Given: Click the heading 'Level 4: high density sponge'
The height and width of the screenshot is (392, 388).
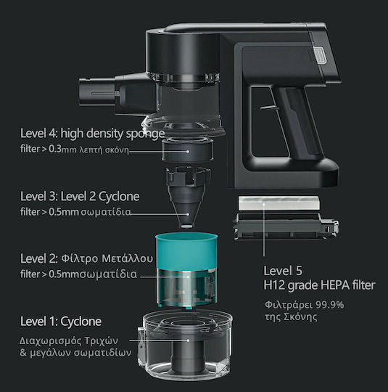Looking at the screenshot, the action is pyautogui.click(x=92, y=134).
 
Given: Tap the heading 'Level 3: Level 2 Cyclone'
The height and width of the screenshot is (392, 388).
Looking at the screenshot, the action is pyautogui.click(x=80, y=196).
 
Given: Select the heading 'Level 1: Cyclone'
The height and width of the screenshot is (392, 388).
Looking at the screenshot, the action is pyautogui.click(x=61, y=322).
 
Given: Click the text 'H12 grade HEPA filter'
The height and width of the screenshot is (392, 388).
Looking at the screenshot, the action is pyautogui.click(x=319, y=285).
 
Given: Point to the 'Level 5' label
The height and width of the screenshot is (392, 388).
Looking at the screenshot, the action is pyautogui.click(x=283, y=271).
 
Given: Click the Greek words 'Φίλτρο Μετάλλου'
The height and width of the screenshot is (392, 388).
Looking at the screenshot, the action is pyautogui.click(x=107, y=258).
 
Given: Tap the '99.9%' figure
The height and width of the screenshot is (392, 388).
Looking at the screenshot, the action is pyautogui.click(x=329, y=305).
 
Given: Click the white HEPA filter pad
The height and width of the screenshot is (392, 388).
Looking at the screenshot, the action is pyautogui.click(x=278, y=203).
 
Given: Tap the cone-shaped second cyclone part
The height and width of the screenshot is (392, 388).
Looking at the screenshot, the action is pyautogui.click(x=188, y=197).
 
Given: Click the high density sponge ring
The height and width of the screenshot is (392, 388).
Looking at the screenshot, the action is pyautogui.click(x=188, y=150).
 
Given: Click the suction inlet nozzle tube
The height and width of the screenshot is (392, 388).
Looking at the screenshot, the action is pyautogui.click(x=97, y=92).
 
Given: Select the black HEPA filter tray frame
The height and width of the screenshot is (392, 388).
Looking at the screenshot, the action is pyautogui.click(x=286, y=226).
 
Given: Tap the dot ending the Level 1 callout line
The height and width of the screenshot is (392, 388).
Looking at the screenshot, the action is pyautogui.click(x=188, y=340).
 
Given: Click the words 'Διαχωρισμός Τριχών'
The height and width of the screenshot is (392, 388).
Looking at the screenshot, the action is pyautogui.click(x=69, y=340).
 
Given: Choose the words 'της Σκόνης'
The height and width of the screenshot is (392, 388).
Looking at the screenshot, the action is pyautogui.click(x=291, y=317).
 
